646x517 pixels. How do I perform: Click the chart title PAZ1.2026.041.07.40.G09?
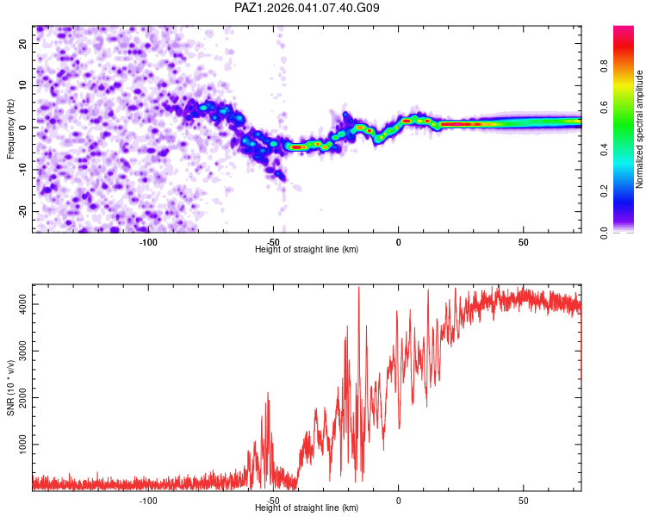(307, 8)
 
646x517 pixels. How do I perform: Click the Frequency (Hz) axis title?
(11, 128)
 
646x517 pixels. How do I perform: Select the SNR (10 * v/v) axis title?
(11, 387)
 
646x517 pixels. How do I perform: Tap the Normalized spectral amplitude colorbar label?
(640, 129)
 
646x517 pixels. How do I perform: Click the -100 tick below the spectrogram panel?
(148, 242)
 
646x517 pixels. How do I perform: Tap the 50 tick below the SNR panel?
(524, 501)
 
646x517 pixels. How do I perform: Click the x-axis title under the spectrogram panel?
(307, 250)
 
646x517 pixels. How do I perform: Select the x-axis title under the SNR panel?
(307, 508)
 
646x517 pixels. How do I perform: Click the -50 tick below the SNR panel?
(273, 501)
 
